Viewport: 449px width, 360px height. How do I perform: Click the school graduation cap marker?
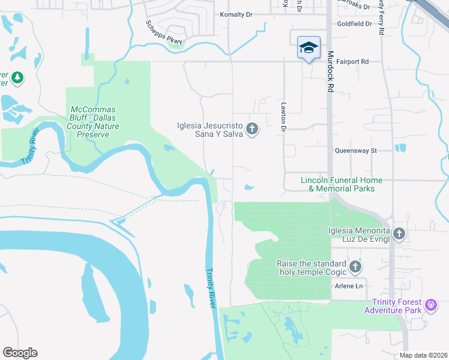click(309, 48)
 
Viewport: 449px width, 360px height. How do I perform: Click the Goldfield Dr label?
click(355, 25)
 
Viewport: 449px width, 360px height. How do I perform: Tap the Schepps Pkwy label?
click(163, 33)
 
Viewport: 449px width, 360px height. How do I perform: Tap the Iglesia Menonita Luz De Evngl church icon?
click(400, 233)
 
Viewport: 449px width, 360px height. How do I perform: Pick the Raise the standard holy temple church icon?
click(355, 266)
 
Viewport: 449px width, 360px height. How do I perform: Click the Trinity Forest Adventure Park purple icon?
click(430, 305)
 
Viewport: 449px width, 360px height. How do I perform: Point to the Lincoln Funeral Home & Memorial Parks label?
click(342, 184)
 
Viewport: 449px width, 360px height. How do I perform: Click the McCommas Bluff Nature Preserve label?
click(94, 122)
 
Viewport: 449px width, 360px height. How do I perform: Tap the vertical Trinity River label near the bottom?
click(210, 288)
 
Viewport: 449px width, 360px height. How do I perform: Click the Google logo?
click(20, 352)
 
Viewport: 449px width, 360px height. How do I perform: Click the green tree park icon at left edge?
click(17, 77)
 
